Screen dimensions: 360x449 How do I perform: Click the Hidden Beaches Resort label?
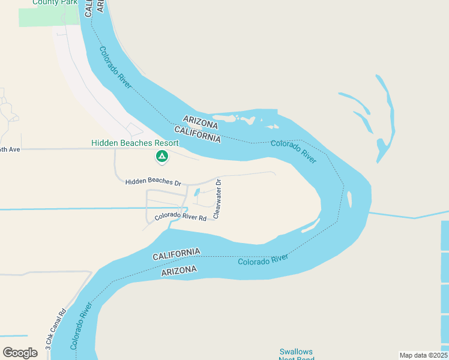tap(134, 143)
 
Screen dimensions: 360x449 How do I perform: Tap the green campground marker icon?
tap(161, 156)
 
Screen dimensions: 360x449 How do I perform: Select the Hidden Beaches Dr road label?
tap(153, 181)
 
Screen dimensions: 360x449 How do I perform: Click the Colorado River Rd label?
tap(180, 217)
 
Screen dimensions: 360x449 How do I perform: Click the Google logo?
tap(20, 352)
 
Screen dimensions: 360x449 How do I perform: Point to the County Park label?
tap(53, 2)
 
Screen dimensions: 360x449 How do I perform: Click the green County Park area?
tap(48, 17)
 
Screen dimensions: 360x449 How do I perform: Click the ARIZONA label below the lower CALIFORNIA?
tap(179, 271)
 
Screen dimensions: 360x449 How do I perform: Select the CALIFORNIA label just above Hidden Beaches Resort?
tap(197, 133)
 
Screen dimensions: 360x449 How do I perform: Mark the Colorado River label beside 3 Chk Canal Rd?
tap(81, 326)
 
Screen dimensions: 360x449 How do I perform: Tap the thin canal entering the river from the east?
tap(408, 214)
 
